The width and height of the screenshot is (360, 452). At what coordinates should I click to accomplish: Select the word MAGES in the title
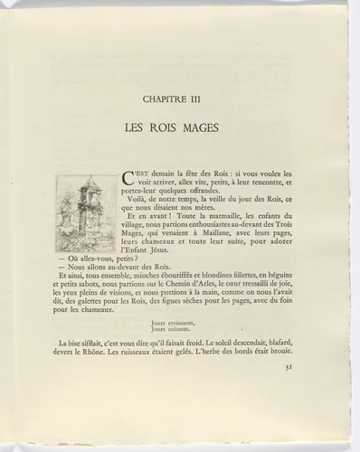pyautogui.click(x=212, y=129)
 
